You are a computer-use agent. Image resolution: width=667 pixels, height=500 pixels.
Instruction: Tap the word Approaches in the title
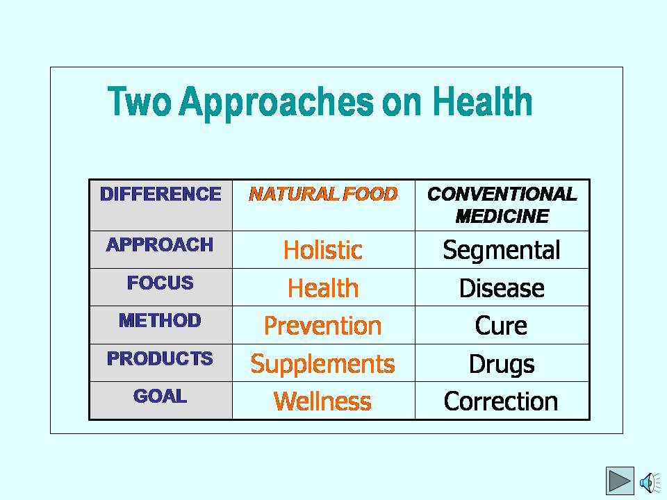[x=276, y=103]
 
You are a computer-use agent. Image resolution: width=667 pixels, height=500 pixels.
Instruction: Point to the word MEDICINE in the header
[x=502, y=217]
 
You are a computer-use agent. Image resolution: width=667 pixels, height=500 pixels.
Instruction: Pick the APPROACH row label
[x=160, y=245]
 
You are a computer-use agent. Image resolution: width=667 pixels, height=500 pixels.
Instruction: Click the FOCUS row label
[x=160, y=283]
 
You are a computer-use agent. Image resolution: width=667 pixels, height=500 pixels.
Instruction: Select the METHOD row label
[x=160, y=321]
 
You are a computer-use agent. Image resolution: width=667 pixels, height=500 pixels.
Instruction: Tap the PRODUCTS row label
[x=160, y=358]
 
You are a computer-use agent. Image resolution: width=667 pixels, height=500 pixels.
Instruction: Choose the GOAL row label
[x=160, y=397]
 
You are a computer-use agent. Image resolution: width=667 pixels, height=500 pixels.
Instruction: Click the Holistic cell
[x=323, y=249]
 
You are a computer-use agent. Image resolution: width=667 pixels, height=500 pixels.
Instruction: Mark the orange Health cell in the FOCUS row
[x=323, y=287]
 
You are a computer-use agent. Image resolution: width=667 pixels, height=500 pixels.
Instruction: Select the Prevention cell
[x=323, y=326]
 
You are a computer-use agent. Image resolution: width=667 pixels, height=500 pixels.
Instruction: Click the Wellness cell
[x=322, y=401]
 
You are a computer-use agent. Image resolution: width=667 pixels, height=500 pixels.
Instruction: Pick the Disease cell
[x=502, y=287]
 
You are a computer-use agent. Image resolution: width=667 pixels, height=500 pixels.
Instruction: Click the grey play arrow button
[x=620, y=481]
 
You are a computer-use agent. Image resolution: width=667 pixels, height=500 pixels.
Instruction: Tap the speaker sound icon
[x=650, y=483]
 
